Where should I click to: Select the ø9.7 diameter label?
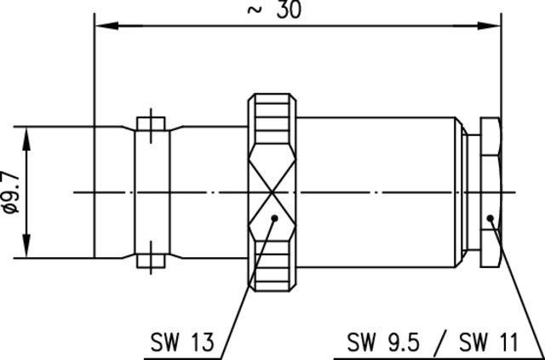(x=11, y=192)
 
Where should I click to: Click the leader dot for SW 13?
(x=273, y=219)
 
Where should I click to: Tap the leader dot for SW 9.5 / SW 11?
(x=491, y=219)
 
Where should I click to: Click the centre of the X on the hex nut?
(x=272, y=192)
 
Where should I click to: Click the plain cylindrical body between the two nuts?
(x=379, y=191)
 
